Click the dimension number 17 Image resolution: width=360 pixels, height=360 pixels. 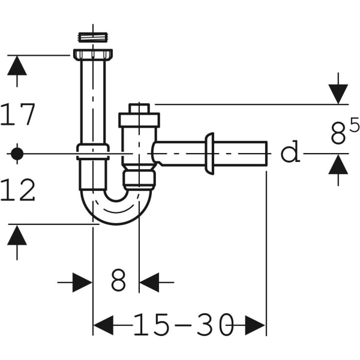(19, 115)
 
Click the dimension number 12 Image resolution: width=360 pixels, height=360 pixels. (19, 191)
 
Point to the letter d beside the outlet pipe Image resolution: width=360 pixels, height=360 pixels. (290, 153)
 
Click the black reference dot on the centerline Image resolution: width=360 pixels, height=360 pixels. (17, 154)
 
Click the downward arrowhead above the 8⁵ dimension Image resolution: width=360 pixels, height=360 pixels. (338, 94)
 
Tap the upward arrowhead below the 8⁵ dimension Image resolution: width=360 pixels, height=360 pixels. (338, 164)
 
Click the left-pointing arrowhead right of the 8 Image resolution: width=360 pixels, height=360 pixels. (149, 281)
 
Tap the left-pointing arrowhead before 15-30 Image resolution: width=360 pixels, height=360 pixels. (103, 326)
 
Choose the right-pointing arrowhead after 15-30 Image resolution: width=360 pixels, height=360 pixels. (255, 326)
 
